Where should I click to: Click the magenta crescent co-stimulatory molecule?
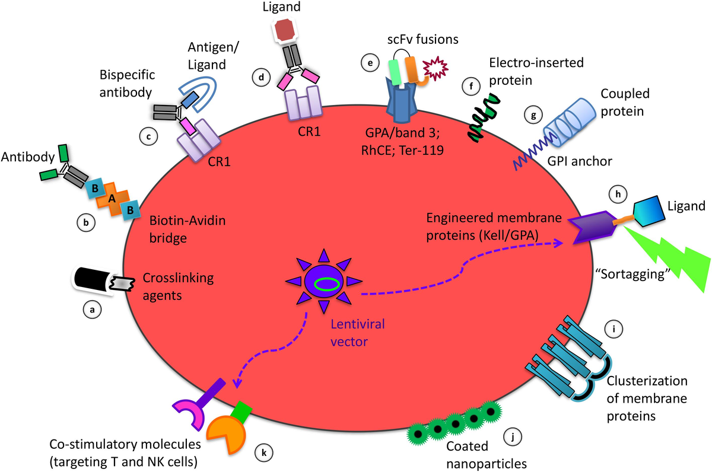coord(189,414)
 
